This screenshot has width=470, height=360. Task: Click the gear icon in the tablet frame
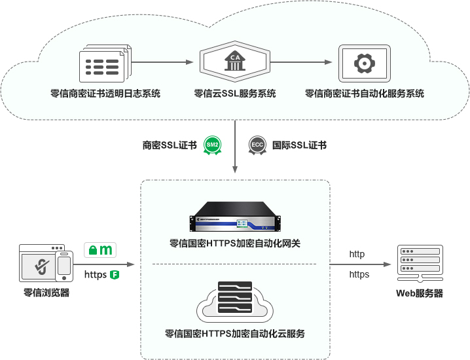click(x=364, y=63)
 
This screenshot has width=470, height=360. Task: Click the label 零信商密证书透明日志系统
click(x=105, y=94)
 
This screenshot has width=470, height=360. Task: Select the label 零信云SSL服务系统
click(x=235, y=94)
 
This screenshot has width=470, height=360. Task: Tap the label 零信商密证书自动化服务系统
click(x=365, y=94)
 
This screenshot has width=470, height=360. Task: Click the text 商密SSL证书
click(x=170, y=145)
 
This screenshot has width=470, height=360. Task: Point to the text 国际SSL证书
click(x=299, y=145)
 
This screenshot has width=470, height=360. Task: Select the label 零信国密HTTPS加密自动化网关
click(x=235, y=243)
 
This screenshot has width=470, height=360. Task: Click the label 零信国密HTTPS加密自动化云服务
click(x=235, y=334)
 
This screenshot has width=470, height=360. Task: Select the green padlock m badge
click(x=100, y=249)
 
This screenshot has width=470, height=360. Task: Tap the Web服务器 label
click(x=420, y=293)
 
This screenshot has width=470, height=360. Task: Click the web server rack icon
click(x=420, y=262)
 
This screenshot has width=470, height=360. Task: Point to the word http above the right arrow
click(x=357, y=254)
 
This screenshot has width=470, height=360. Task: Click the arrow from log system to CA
click(x=164, y=63)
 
